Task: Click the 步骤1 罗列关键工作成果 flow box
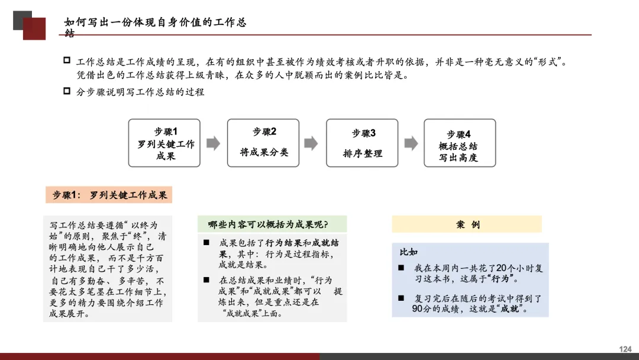(x=164, y=143)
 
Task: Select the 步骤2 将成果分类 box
(x=263, y=143)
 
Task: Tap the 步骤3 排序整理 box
(x=362, y=143)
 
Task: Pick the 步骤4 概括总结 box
(x=459, y=143)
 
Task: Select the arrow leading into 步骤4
(x=411, y=143)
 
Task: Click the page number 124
(x=625, y=349)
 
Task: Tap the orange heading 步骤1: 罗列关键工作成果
(x=109, y=195)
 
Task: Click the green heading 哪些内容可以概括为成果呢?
(x=272, y=224)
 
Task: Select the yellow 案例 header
(x=467, y=224)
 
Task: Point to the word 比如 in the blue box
(x=408, y=252)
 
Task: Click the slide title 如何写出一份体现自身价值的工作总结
(x=155, y=22)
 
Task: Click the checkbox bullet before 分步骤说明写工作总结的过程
(x=67, y=91)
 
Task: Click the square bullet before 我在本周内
(x=401, y=268)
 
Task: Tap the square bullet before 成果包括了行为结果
(x=206, y=243)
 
